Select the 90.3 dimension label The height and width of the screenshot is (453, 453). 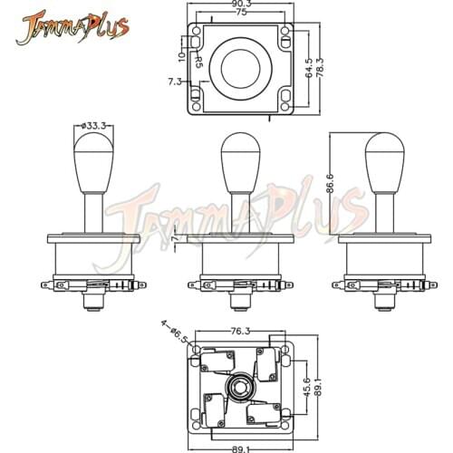(241, 5)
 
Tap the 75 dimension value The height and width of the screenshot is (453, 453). (241, 14)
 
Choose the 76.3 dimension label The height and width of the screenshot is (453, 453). (240, 332)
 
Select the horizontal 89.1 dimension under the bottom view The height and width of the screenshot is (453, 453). (240, 448)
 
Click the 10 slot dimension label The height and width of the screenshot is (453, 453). (182, 56)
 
